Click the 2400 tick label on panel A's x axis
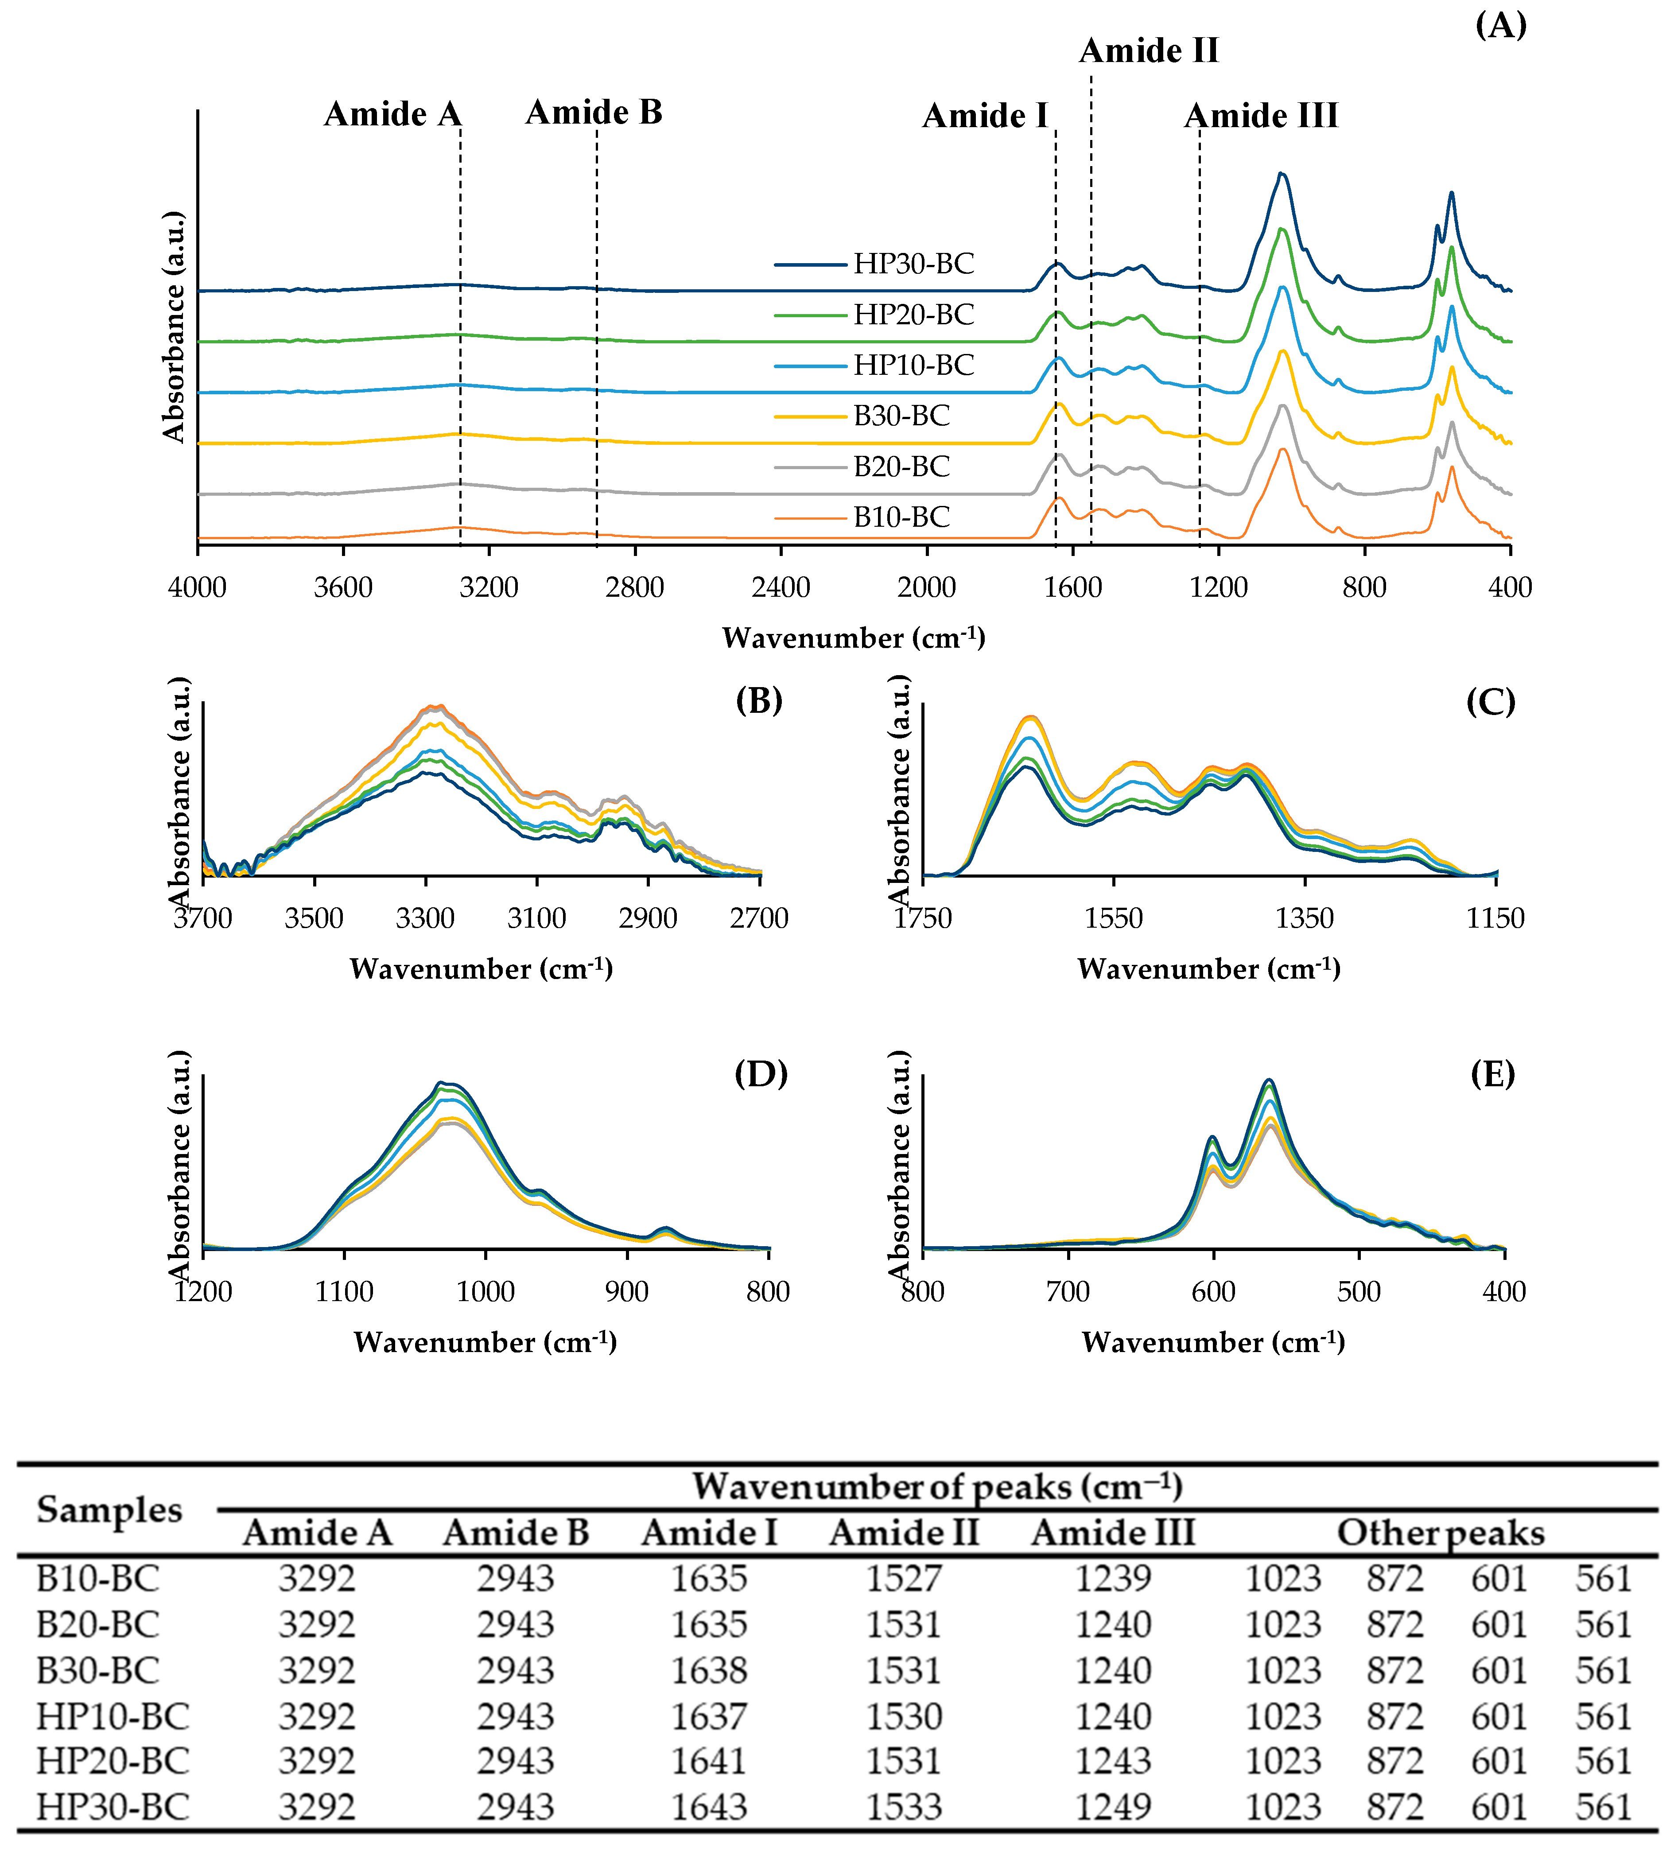(x=780, y=587)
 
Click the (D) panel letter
(x=761, y=1074)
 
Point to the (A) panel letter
(x=1500, y=25)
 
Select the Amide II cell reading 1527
(x=904, y=1578)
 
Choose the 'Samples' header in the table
(x=109, y=1510)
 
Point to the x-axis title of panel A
(x=854, y=638)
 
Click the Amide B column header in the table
(x=516, y=1532)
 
